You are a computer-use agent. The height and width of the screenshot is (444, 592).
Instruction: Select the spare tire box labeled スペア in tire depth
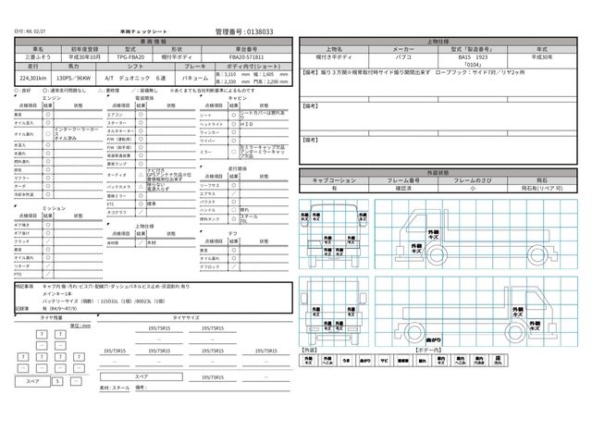pyautogui.click(x=32, y=380)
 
